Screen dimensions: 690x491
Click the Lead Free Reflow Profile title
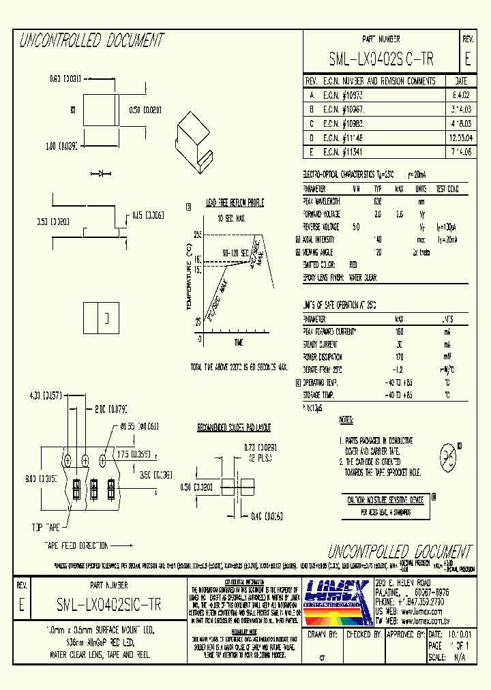(x=235, y=203)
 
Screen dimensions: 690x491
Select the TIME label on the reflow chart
(x=238, y=342)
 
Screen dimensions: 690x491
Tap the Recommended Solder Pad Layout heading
(x=234, y=428)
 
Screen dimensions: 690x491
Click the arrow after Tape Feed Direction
(x=122, y=545)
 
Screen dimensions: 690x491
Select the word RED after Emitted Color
(x=353, y=265)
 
